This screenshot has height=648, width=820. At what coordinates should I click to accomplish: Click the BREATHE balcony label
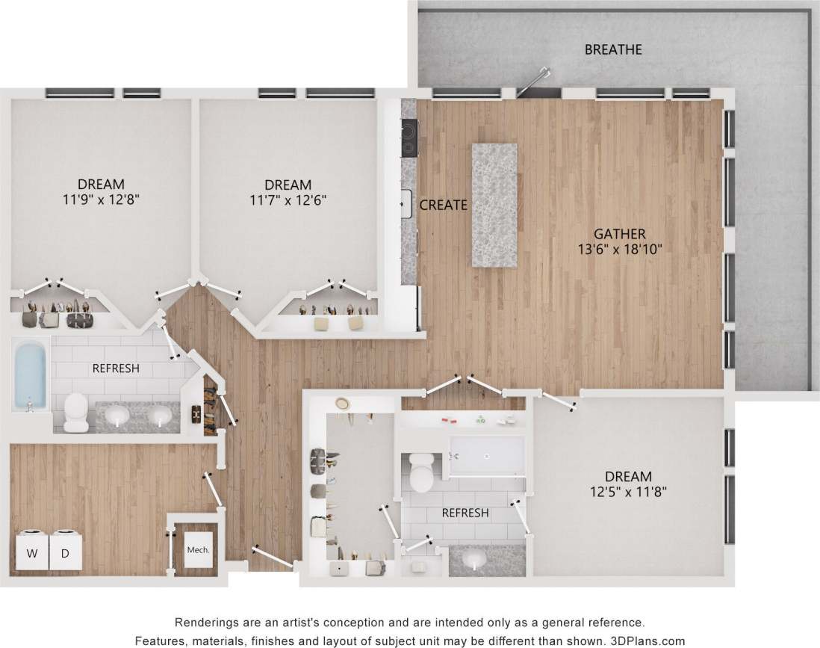point(613,50)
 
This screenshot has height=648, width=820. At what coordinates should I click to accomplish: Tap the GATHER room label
point(619,234)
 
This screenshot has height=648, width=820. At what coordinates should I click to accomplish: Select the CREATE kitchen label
point(443,205)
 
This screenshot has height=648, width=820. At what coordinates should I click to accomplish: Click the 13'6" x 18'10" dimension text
point(619,250)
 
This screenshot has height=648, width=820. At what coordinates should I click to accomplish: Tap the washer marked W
point(31,553)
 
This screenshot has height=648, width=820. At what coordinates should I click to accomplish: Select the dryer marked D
point(65,553)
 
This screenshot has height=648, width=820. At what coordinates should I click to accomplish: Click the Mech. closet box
point(198,549)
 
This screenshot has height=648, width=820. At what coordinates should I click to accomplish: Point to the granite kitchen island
point(494,205)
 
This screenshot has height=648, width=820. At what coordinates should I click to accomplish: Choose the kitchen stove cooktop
point(409,138)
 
